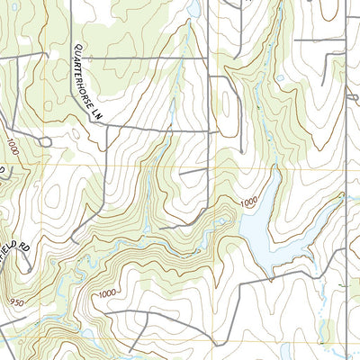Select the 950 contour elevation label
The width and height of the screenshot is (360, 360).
click(x=15, y=301)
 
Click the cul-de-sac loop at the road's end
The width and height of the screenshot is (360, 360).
click(x=44, y=141)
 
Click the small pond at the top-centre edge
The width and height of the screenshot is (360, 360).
click(x=192, y=9)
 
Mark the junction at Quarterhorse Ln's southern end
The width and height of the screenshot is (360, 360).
click(x=106, y=127)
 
